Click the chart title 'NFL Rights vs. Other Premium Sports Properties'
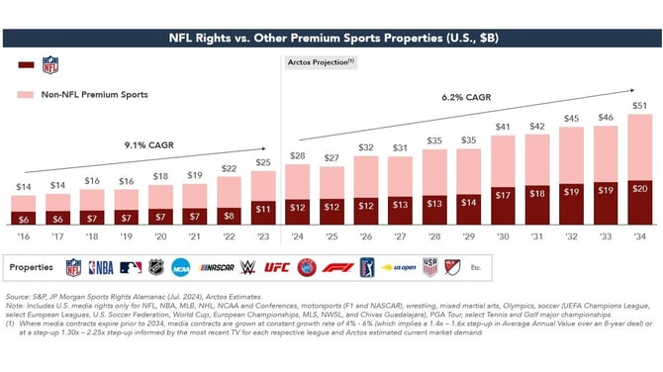click(331, 40)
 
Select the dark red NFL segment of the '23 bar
click(262, 209)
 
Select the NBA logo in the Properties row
click(102, 267)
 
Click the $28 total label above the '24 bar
click(296, 155)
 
